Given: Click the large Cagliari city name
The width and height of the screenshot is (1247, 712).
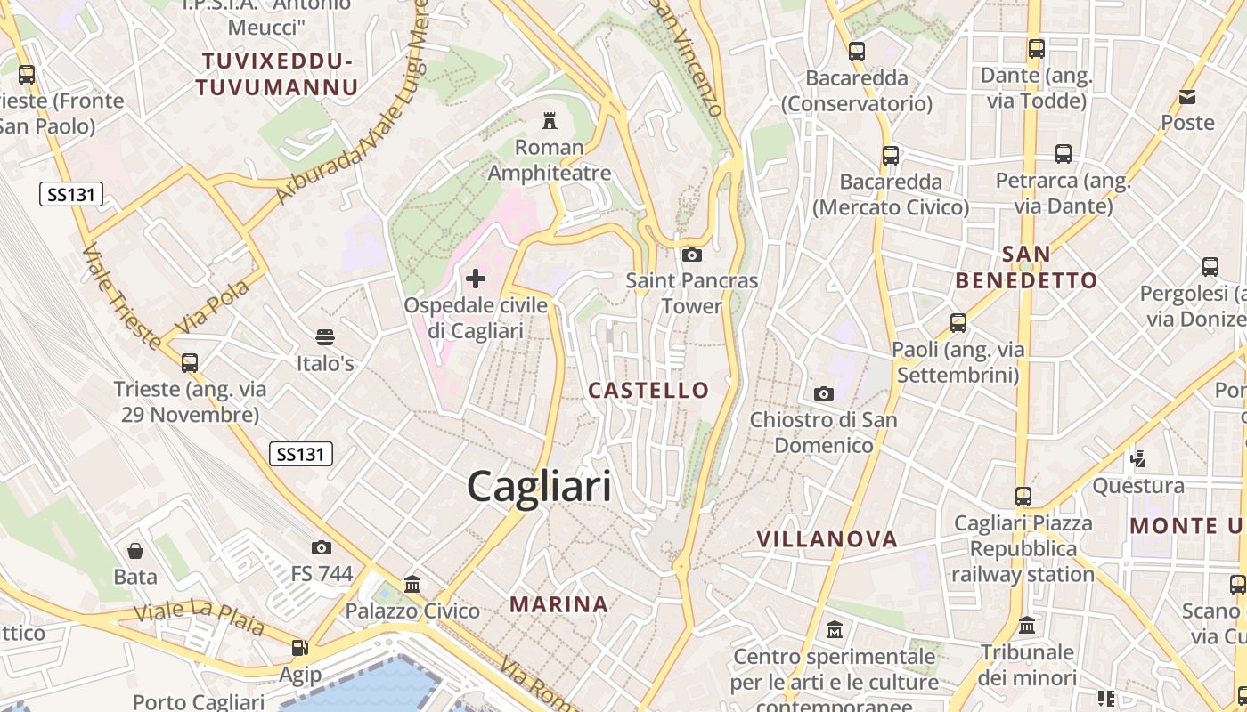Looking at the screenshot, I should tap(539, 487).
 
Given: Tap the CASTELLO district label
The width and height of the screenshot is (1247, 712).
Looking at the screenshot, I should tap(648, 390).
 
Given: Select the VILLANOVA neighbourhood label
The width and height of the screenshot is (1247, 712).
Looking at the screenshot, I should tap(827, 538).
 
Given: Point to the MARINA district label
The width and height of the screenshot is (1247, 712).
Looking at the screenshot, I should tap(558, 604).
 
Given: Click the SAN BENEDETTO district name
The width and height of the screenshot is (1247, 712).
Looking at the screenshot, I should tap(1026, 268).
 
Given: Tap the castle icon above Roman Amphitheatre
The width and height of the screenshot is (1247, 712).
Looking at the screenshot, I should tap(549, 120).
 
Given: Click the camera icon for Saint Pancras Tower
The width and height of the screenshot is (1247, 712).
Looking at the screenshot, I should tap(691, 255).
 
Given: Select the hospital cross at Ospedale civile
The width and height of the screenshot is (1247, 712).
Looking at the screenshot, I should tap(476, 279).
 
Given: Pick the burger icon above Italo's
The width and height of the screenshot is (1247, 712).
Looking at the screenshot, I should tap(324, 337).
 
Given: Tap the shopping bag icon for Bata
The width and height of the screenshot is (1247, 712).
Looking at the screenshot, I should tap(135, 551).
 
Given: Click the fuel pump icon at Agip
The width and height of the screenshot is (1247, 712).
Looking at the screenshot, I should tap(300, 648).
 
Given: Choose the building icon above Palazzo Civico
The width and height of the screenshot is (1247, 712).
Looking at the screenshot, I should tap(412, 585).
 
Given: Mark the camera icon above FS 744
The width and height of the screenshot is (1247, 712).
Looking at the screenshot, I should tap(322, 547).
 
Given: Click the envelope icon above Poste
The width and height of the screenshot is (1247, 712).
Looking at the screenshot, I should tap(1187, 96).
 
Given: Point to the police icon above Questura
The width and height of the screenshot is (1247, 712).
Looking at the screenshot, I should tap(1137, 459).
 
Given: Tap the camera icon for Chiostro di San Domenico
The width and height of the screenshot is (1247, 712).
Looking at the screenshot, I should tap(823, 393).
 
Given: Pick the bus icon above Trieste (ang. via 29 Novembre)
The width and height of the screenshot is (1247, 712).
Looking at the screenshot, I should tap(189, 363).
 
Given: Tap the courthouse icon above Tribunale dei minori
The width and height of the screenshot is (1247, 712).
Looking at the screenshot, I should tap(1026, 626).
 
